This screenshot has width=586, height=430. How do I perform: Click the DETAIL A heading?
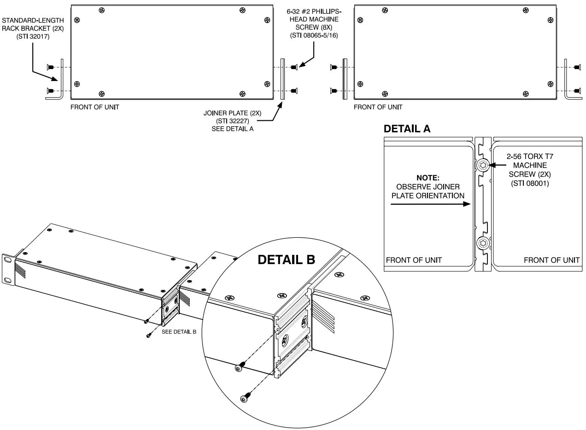[407, 130]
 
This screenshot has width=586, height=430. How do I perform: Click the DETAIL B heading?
[286, 260]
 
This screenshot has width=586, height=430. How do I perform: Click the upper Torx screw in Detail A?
[483, 165]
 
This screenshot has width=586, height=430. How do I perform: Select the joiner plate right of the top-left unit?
[283, 79]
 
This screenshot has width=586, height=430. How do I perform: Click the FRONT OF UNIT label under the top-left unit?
[94, 107]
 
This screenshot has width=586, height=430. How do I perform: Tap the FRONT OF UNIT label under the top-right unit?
[378, 107]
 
